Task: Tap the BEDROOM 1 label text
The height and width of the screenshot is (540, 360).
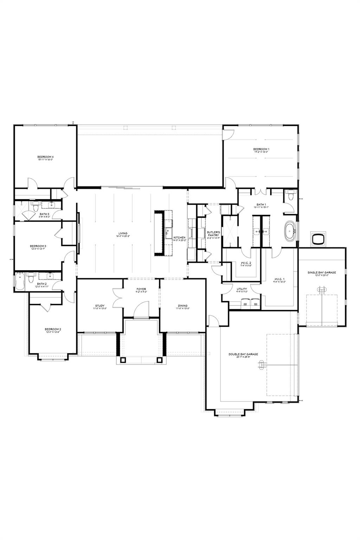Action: pyautogui.click(x=262, y=149)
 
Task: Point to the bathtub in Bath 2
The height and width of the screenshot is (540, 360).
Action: pyautogui.click(x=20, y=282)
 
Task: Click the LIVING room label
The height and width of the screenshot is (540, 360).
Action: pyautogui.click(x=123, y=233)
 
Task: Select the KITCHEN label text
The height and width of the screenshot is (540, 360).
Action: pyautogui.click(x=179, y=238)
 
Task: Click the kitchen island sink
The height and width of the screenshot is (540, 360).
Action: pyautogui.click(x=167, y=231)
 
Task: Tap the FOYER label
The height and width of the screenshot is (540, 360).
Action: pyautogui.click(x=141, y=289)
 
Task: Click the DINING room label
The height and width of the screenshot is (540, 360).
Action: pyautogui.click(x=182, y=306)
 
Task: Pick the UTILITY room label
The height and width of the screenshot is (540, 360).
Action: pyautogui.click(x=242, y=289)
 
